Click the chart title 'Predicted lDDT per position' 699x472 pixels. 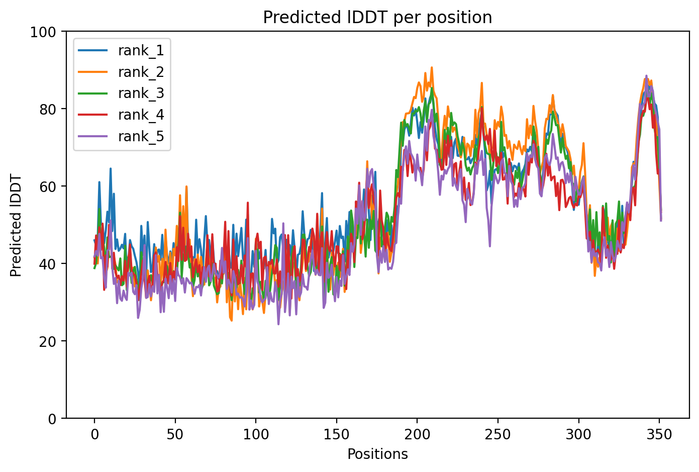tap(377, 18)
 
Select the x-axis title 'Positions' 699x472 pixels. tap(377, 454)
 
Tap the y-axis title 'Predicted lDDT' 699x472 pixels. tap(16, 225)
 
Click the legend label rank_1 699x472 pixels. tap(141, 50)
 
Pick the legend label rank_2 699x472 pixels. tap(141, 72)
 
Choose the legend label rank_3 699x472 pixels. tap(141, 93)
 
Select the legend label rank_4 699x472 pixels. tap(141, 115)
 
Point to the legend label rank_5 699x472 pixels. tap(141, 137)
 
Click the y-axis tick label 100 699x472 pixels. tap(46, 32)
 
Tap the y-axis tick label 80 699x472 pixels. tap(49, 109)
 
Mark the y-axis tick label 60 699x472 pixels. tap(49, 186)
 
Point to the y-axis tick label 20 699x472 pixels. tap(49, 341)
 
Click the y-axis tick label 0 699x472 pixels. tap(52, 418)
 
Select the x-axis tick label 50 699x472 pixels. tap(175, 434)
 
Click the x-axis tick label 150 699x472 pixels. tap(336, 434)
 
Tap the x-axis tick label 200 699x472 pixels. tap(417, 434)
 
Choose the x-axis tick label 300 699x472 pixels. tap(578, 434)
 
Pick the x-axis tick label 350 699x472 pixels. tap(659, 434)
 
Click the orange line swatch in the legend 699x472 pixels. tap(93, 72)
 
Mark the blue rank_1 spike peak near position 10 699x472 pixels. tap(111, 169)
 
